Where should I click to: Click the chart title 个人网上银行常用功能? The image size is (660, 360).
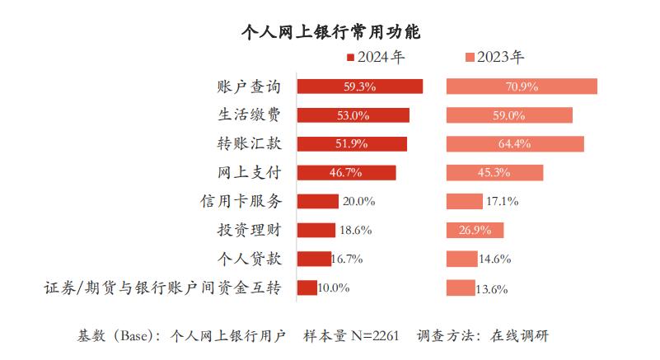[x=330, y=32]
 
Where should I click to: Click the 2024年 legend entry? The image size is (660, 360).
[x=376, y=58]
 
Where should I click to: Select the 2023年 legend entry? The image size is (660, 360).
[x=494, y=58]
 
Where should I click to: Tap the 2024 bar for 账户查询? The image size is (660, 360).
[x=359, y=86]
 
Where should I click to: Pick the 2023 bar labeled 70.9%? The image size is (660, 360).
[x=522, y=86]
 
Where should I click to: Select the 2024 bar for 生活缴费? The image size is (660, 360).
[x=353, y=115]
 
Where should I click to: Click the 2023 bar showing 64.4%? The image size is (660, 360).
[x=515, y=144]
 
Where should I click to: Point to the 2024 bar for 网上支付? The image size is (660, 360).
[x=346, y=173]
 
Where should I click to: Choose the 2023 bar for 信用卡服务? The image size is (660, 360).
[x=465, y=202]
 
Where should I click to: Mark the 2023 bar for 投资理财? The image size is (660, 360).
[x=475, y=231]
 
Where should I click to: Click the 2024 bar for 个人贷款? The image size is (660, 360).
[x=314, y=259]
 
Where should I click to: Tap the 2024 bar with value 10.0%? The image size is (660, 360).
[x=307, y=288]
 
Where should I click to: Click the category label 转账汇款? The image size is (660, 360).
[x=249, y=144]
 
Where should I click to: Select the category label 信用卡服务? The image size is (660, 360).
[x=241, y=202]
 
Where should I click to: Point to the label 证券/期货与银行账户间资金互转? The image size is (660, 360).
[x=162, y=288]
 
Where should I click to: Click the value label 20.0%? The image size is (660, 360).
[x=359, y=202]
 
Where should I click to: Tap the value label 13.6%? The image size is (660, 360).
[x=492, y=289]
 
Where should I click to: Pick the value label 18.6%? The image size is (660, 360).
[x=356, y=231]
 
